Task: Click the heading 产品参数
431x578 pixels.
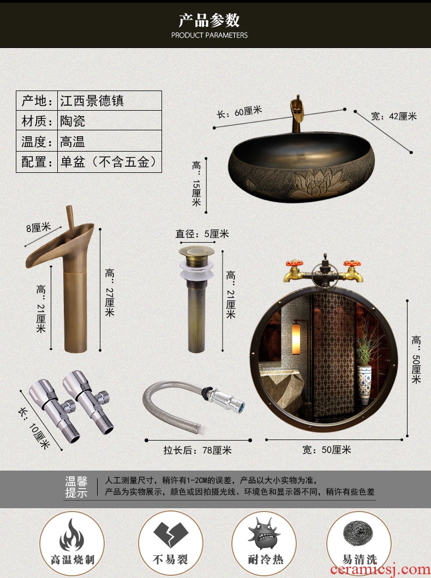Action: pos(209,20)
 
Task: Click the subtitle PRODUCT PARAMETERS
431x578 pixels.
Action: pos(209,35)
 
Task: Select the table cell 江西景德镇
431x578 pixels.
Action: pos(92,101)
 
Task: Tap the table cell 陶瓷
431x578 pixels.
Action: pos(73,121)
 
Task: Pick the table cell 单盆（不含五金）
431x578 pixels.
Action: pos(109,162)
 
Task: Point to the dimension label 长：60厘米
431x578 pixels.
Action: pos(240,112)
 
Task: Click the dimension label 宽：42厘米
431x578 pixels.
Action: pos(394,116)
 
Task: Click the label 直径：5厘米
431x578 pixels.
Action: pos(202,234)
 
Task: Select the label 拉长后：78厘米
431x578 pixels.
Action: pos(197,450)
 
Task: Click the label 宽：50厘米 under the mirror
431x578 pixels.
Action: pos(327,450)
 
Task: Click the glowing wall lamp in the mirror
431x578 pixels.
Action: pos(296,338)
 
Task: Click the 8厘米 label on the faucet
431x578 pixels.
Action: pos(38,227)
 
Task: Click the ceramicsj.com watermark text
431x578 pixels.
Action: pos(380,569)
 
